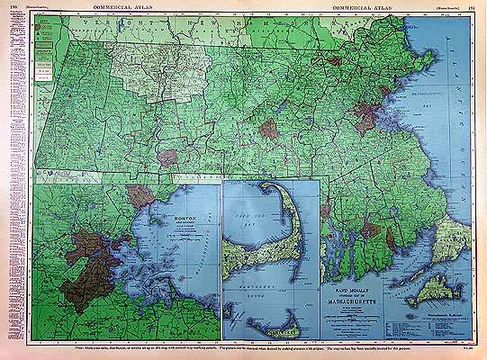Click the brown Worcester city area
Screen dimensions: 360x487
click(x=268, y=129)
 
